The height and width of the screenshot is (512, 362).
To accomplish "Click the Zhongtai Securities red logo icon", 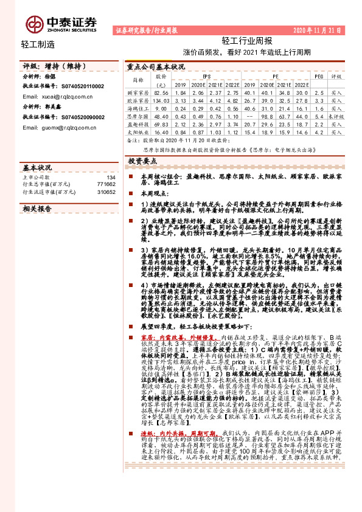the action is click(34, 23).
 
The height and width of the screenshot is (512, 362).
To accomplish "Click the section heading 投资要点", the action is click(144, 162).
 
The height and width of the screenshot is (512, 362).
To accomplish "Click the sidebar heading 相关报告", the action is click(37, 209).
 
